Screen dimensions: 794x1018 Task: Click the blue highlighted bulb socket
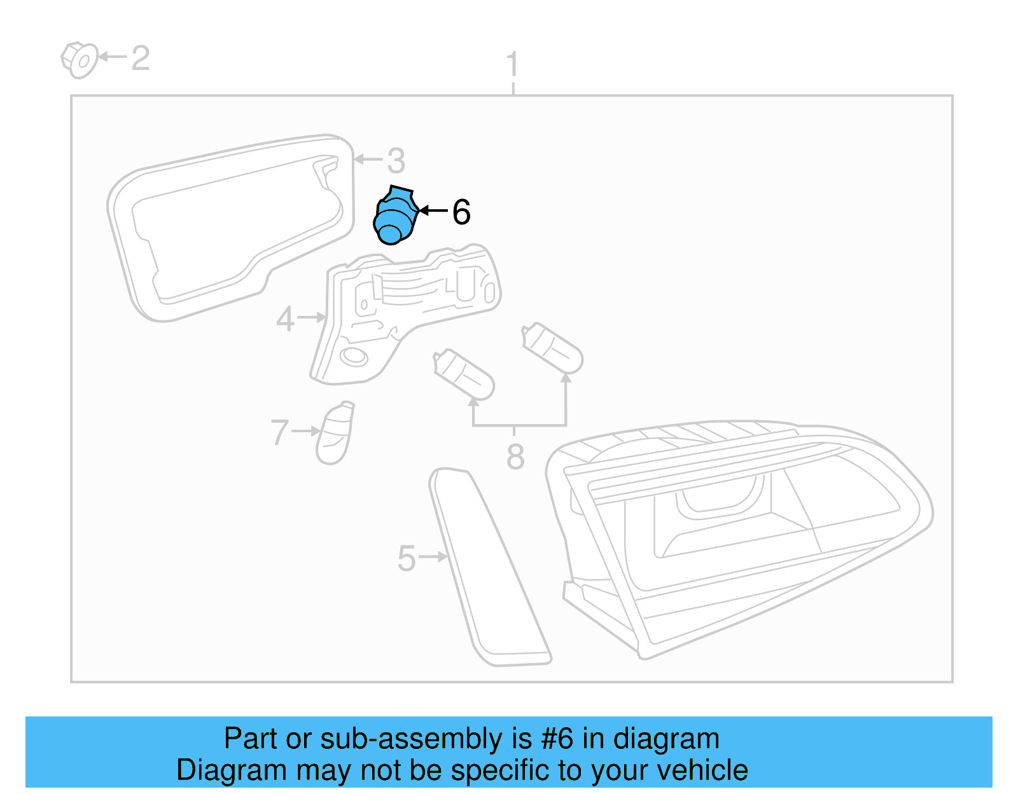click(394, 216)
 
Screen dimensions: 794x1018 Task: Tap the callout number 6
click(461, 212)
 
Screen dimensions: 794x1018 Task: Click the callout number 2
click(140, 58)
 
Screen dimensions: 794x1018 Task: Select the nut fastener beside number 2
click(80, 60)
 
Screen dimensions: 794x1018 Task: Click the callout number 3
click(396, 161)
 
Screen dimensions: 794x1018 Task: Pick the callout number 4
click(285, 319)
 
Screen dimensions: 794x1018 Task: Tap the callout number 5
click(406, 558)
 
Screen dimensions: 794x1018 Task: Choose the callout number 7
click(279, 432)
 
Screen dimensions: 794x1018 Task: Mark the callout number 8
click(515, 456)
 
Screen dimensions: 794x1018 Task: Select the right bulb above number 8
click(552, 348)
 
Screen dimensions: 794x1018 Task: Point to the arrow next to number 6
click(433, 210)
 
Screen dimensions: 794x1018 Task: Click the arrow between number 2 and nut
click(113, 57)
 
